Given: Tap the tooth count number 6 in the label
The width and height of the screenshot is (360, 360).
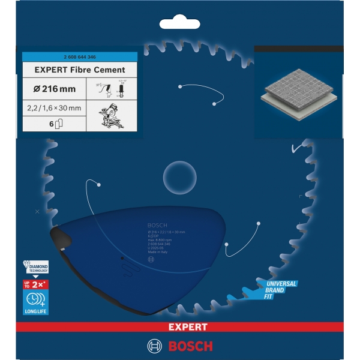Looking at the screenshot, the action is pos(52,124).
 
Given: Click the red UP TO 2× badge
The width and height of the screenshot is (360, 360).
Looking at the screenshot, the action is pos(35,283).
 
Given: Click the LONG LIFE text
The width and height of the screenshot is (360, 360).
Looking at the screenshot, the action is pos(35,311).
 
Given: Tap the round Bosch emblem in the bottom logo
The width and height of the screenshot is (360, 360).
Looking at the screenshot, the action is pos(154,346).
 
